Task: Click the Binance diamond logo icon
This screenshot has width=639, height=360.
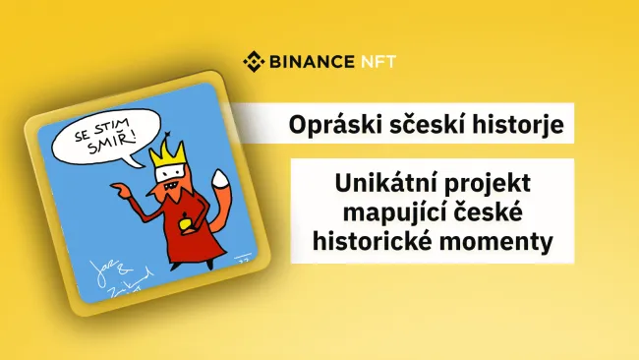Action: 256,63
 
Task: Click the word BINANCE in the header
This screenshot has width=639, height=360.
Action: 314,63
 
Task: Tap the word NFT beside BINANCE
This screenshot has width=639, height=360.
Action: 379,63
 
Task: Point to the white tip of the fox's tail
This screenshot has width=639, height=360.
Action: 220,178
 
